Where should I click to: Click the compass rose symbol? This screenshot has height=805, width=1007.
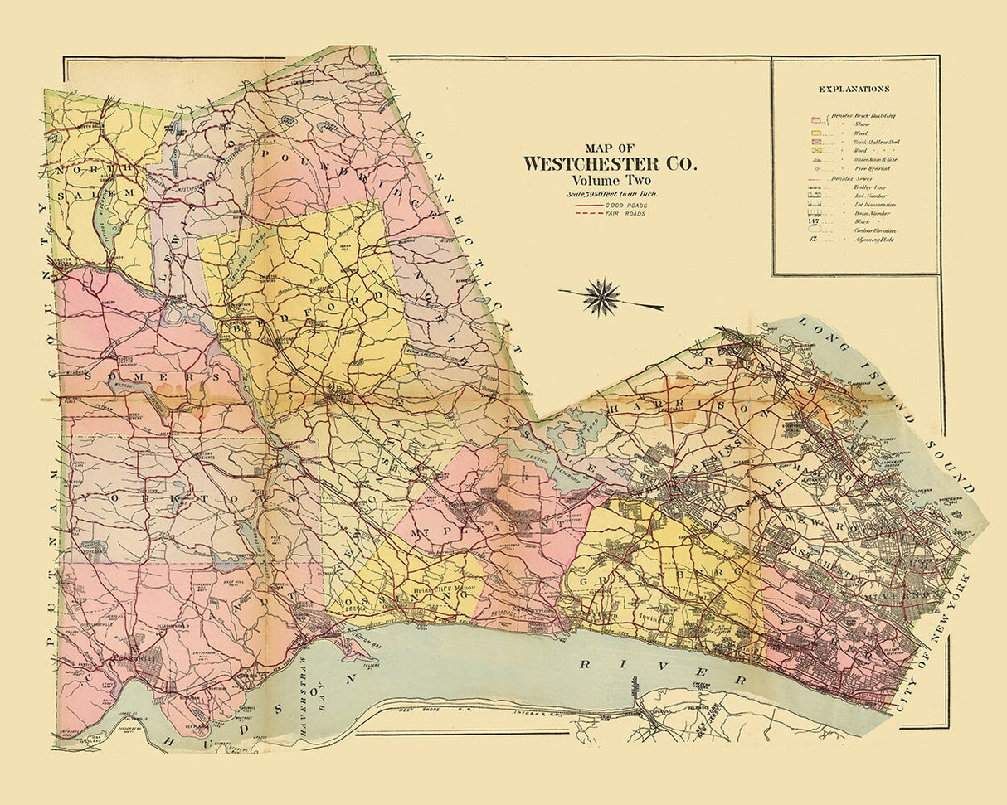click(x=601, y=298)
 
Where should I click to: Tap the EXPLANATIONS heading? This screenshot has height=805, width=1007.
click(x=854, y=89)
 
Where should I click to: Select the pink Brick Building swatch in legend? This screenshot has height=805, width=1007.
click(x=815, y=117)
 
